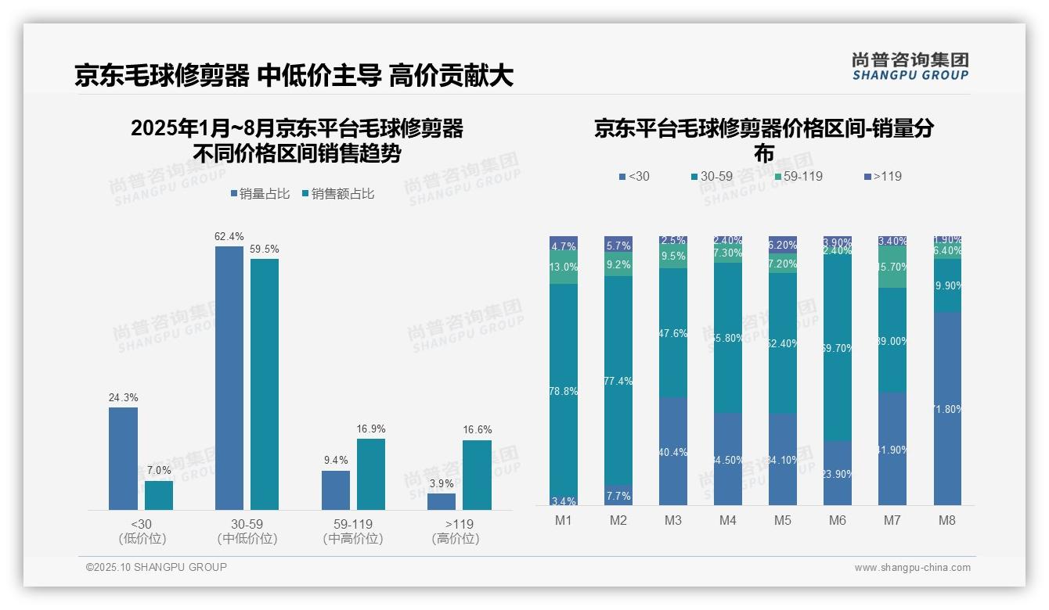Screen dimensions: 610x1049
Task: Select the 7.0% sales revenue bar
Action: [x=159, y=495]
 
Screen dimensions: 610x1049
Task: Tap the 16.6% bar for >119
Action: [x=477, y=475]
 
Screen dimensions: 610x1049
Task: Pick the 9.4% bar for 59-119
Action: [x=335, y=490]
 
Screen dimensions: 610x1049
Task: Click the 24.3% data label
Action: [x=123, y=398]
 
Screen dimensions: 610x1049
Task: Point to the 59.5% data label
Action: [x=265, y=249]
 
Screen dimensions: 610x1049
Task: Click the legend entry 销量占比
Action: [x=258, y=194]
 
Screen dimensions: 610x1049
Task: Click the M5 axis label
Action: [x=783, y=521]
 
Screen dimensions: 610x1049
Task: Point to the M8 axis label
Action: [x=946, y=521]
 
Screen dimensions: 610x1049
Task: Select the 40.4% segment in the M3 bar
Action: [x=673, y=450]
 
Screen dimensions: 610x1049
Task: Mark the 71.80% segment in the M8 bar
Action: [x=946, y=408]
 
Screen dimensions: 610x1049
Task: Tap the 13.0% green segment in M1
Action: [x=564, y=267]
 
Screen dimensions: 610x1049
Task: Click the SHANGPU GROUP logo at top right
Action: [x=910, y=66]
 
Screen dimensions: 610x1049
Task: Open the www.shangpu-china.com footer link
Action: [x=912, y=568]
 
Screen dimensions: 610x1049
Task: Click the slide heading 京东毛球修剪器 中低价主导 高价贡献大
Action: [x=294, y=76]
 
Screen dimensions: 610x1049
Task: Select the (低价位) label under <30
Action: [x=142, y=539]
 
